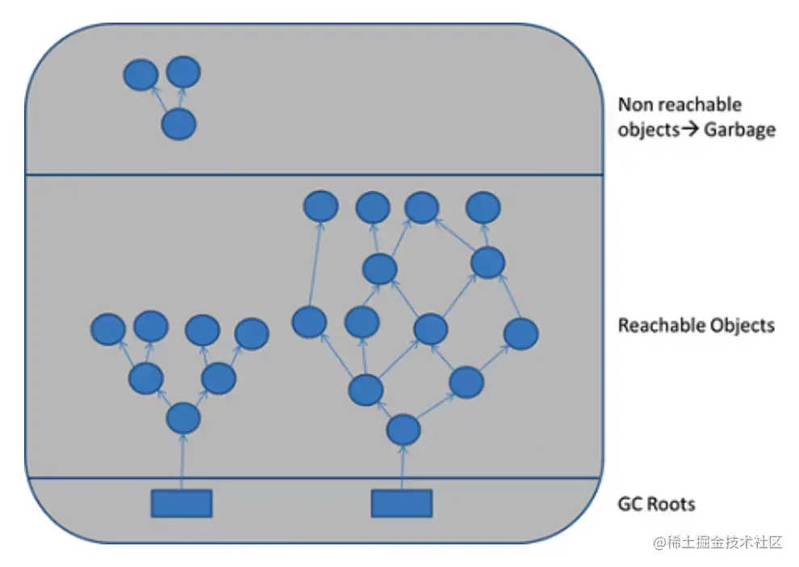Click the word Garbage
(x=739, y=129)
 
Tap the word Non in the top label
(x=635, y=105)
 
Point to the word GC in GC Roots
(x=630, y=504)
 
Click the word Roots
(x=670, y=504)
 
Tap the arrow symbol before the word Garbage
(x=690, y=129)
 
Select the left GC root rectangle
(x=182, y=502)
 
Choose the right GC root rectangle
(x=401, y=502)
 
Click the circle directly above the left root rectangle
(x=183, y=418)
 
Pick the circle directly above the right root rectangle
(x=404, y=430)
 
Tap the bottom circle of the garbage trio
(x=178, y=125)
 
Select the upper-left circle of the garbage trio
(x=140, y=75)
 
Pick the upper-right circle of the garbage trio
(x=183, y=73)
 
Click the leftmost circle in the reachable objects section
(x=108, y=329)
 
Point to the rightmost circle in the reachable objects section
(x=521, y=334)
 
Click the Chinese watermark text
(x=717, y=542)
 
